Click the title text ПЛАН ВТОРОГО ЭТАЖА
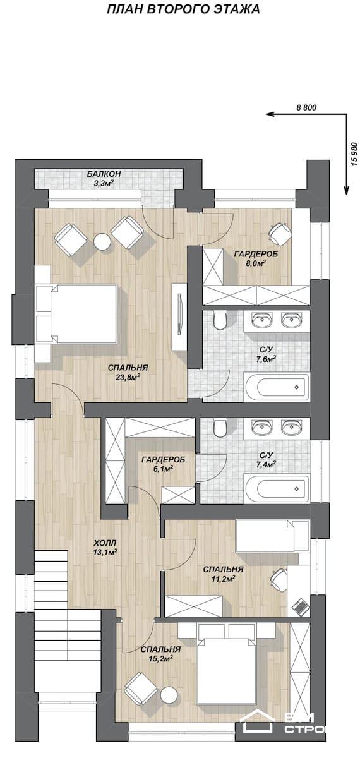183,10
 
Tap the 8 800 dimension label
306,107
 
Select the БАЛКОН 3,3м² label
104,179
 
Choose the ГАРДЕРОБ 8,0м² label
256,258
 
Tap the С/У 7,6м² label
266,354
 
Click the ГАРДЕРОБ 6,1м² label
164,464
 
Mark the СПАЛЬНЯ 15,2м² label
160,653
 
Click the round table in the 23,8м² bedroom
102,241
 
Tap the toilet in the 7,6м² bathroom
220,320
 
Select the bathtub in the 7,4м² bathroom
277,489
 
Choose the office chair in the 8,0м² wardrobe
280,233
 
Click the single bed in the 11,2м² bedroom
273,536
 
